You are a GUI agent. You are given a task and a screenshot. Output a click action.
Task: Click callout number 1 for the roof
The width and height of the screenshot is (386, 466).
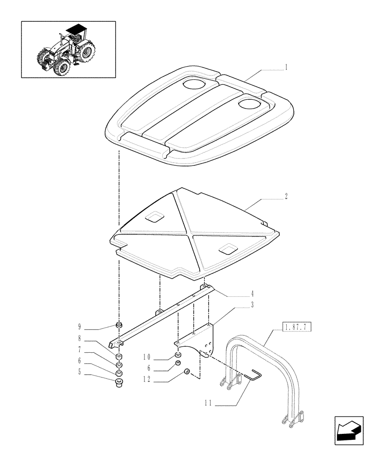pos(286,67)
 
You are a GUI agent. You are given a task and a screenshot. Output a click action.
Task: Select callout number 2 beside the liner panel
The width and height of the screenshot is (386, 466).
pos(286,197)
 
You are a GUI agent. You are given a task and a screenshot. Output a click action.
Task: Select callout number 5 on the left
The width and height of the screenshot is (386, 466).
pos(80,371)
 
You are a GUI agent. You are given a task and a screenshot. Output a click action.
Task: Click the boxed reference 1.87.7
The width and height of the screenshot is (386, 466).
pos(296,329)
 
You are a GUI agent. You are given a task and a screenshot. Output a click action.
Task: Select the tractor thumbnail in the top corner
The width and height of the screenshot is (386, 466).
pos(68,49)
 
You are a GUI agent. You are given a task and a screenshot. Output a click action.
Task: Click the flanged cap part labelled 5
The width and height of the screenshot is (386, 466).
pos(119,383)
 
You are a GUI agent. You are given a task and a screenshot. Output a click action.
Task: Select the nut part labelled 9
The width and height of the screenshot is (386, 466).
pos(119,325)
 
